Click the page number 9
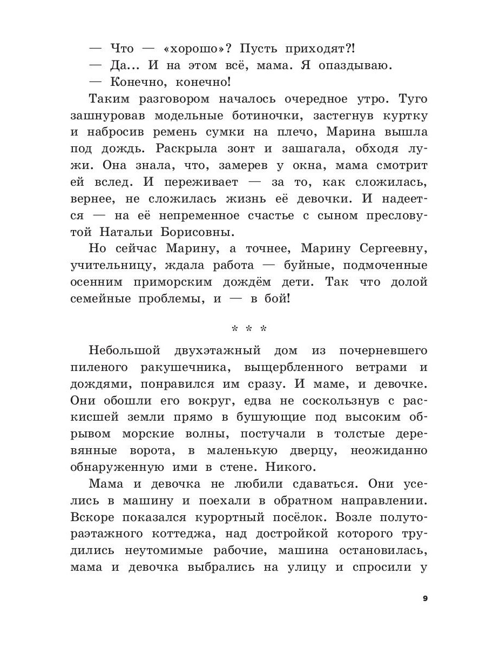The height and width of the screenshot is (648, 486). (x=424, y=598)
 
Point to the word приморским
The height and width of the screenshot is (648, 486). (x=180, y=282)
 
